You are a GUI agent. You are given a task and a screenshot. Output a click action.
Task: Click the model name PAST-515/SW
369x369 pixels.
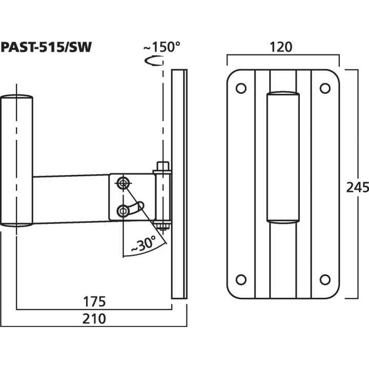47,47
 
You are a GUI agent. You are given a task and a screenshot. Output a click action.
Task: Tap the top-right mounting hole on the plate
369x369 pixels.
324,88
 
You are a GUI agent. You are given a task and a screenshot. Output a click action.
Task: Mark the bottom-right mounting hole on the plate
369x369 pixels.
324,279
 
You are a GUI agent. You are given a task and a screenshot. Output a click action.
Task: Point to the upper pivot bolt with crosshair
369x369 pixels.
124,182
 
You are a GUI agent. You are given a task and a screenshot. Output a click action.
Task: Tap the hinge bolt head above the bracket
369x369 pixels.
162,166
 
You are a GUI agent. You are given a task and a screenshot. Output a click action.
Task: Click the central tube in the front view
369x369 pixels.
283,156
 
